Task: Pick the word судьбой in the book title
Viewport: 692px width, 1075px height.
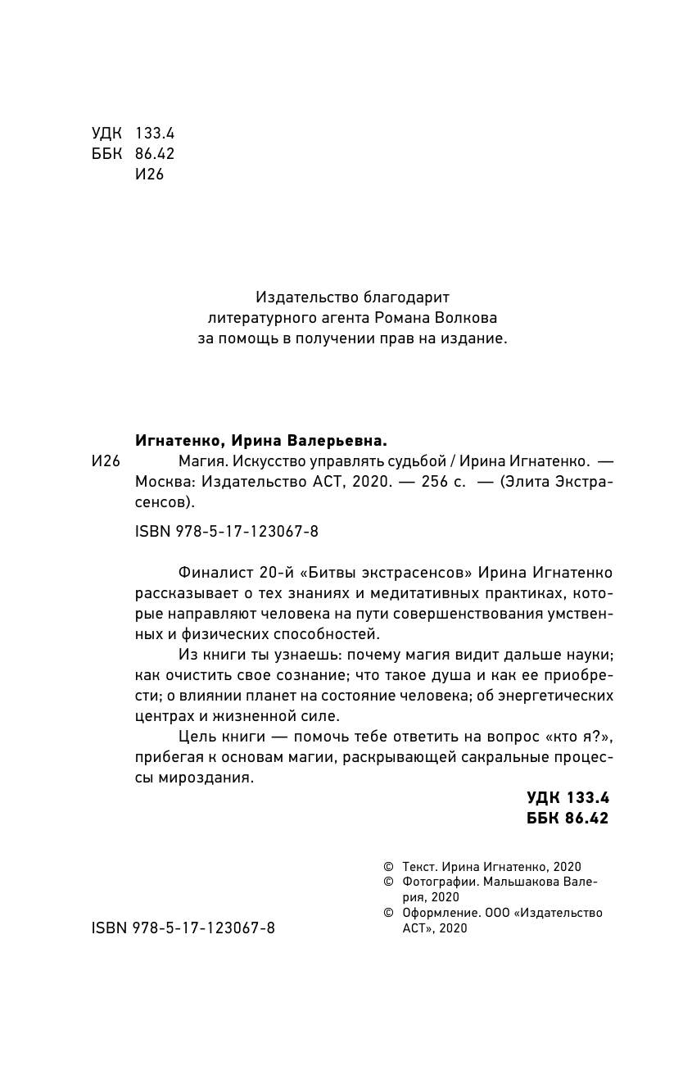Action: (414, 460)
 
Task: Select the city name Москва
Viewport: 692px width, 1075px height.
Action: (158, 482)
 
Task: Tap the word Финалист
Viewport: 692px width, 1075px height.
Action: (210, 570)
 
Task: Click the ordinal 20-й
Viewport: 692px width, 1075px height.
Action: (268, 570)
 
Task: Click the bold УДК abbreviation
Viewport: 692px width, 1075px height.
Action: (545, 797)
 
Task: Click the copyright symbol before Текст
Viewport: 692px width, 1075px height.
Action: (388, 866)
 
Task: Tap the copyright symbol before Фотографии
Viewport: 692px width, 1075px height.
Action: (388, 882)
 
